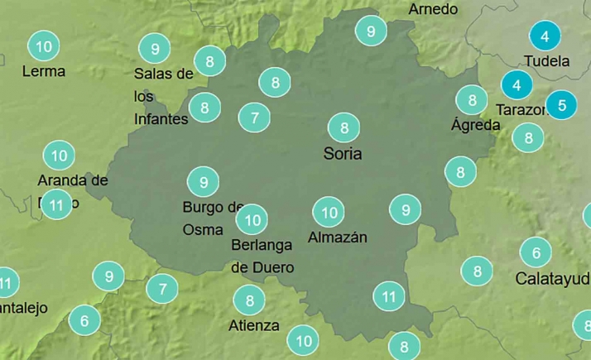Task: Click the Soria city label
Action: coord(343,154)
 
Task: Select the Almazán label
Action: coord(337,238)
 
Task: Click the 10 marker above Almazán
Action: coord(329,213)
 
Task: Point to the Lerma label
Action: coord(44,71)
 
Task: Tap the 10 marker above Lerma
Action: coord(44,46)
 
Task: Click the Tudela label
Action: coord(547,61)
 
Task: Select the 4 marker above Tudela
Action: coord(544,36)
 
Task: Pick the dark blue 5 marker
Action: coord(562,105)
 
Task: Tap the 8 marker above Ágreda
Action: coord(472,101)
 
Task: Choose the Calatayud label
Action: coord(552,278)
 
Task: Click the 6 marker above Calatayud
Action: coord(536,252)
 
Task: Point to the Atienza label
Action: coord(254,325)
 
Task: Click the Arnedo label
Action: coord(433,9)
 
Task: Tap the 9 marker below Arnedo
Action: coord(371,31)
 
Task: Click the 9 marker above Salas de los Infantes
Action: coord(155,48)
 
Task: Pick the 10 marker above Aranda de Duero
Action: coord(59,155)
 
